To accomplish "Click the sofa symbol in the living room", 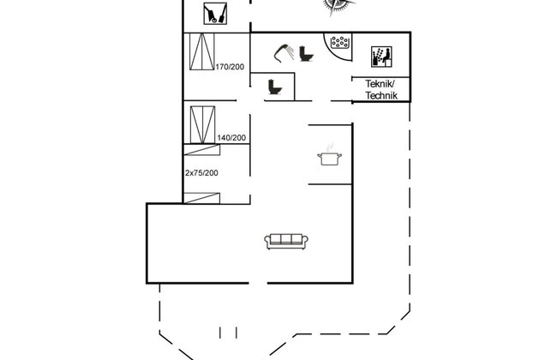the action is (x=286, y=242).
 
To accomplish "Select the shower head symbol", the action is (x=284, y=53).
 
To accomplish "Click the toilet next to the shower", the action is (x=306, y=54).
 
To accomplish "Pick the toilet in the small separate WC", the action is (x=275, y=87).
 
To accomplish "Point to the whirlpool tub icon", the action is (x=339, y=42).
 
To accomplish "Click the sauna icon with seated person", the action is (x=381, y=57).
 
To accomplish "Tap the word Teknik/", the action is (x=380, y=84).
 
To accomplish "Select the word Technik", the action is (x=381, y=95).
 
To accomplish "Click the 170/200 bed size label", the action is (x=230, y=67).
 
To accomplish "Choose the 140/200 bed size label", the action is (x=231, y=137).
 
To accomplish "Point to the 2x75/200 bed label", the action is (x=201, y=173).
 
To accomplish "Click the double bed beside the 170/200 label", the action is (x=201, y=51).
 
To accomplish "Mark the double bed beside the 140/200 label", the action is (x=202, y=125).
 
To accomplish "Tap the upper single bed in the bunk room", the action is (x=201, y=150).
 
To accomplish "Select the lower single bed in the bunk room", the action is (x=201, y=198).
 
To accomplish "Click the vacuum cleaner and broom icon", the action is (x=215, y=14).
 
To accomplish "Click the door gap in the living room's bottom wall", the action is (x=258, y=283).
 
